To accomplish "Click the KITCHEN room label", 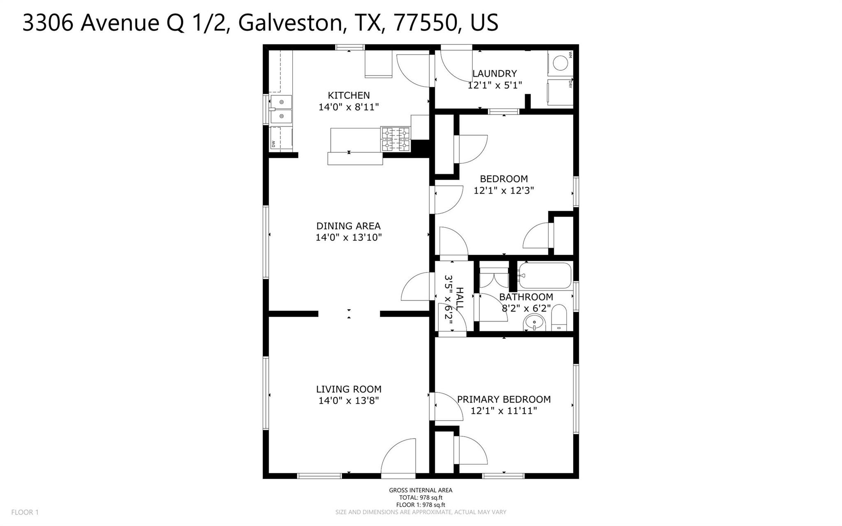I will point(349,95).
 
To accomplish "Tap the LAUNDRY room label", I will point(495,74).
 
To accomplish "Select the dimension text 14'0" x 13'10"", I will point(349,237).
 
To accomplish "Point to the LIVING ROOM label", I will point(349,389).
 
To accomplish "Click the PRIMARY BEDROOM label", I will point(504,399).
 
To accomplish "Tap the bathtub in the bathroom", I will point(545,276).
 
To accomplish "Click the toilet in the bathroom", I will point(559,318).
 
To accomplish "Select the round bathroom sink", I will point(534,322).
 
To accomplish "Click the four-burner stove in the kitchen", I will point(396,139).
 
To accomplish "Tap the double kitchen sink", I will point(281,109).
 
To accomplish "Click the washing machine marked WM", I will point(560,63).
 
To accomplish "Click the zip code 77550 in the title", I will point(426,23).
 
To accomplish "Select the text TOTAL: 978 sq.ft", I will point(421,498).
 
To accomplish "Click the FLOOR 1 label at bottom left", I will point(25,512).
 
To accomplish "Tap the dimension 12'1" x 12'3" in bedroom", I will point(504,190).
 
